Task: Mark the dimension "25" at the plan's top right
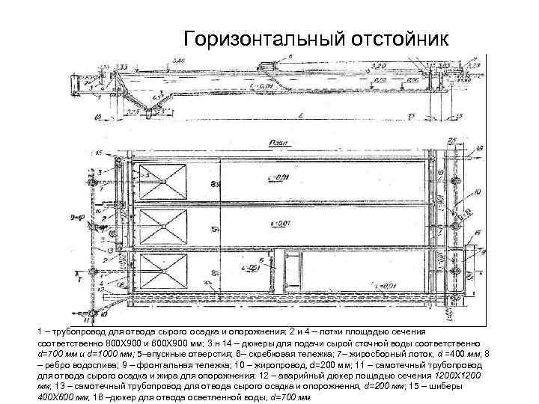(452, 141)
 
